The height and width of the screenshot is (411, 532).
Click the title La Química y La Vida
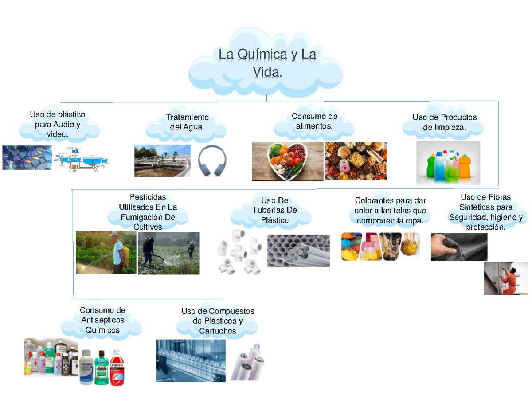(267, 63)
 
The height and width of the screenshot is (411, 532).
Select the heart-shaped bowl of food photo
(287, 161)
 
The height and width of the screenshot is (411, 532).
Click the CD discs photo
(27, 157)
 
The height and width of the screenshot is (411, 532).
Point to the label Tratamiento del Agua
(187, 122)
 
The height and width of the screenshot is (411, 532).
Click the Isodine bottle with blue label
(87, 368)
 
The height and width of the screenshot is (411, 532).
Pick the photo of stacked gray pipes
(298, 250)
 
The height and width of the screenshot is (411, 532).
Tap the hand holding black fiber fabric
(459, 247)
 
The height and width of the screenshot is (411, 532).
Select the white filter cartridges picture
(250, 361)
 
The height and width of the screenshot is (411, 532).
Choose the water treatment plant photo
(162, 160)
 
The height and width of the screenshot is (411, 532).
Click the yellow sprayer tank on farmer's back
(125, 255)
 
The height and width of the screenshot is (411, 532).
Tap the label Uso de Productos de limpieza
(444, 122)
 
